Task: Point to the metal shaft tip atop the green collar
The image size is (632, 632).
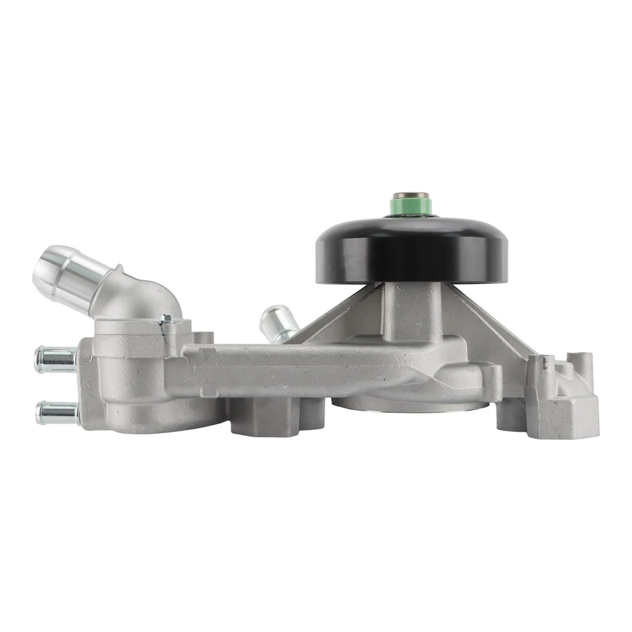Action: click(x=411, y=197)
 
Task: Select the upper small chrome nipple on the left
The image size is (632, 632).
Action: click(x=55, y=359)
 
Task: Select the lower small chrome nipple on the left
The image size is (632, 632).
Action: click(x=57, y=412)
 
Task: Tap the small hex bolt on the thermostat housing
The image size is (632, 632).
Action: click(x=167, y=319)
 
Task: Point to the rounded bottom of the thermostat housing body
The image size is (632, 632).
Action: click(x=151, y=415)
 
